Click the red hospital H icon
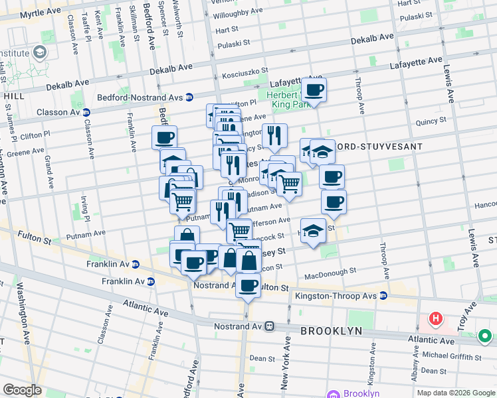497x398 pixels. pos(436,319)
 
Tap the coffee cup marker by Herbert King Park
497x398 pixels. pos(314,90)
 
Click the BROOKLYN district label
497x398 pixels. pos(331,330)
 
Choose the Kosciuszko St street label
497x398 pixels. pos(245,71)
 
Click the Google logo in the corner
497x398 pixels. pos(23,390)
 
